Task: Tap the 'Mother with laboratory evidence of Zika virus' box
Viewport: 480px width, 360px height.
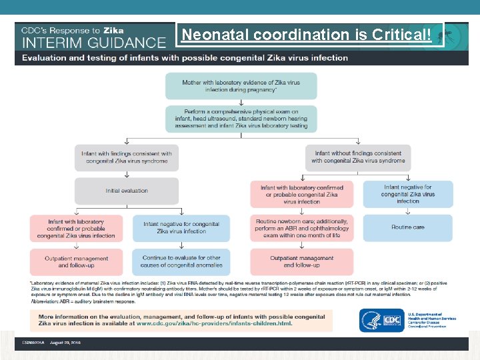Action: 241,86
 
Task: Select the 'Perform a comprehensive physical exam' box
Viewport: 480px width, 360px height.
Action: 241,119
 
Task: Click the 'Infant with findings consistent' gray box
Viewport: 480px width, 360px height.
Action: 127,157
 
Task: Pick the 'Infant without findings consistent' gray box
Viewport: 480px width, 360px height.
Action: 358,157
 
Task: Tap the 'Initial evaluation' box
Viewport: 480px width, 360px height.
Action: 127,191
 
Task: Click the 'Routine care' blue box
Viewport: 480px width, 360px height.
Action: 408,227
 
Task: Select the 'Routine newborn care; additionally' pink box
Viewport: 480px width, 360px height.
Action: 302,227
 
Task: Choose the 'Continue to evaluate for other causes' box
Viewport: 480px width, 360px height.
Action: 181,261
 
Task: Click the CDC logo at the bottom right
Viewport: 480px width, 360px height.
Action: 381,321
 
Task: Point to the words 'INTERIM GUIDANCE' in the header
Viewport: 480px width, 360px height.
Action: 94,42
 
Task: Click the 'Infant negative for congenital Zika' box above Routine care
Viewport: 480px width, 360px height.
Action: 408,194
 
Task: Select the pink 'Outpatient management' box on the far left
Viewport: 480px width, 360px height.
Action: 77,261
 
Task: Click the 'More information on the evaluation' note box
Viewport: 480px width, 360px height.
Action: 181,320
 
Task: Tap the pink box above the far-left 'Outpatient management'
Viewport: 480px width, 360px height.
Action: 77,228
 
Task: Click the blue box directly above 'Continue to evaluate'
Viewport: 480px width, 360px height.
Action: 181,228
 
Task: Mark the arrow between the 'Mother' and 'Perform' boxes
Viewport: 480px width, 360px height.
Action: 241,102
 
